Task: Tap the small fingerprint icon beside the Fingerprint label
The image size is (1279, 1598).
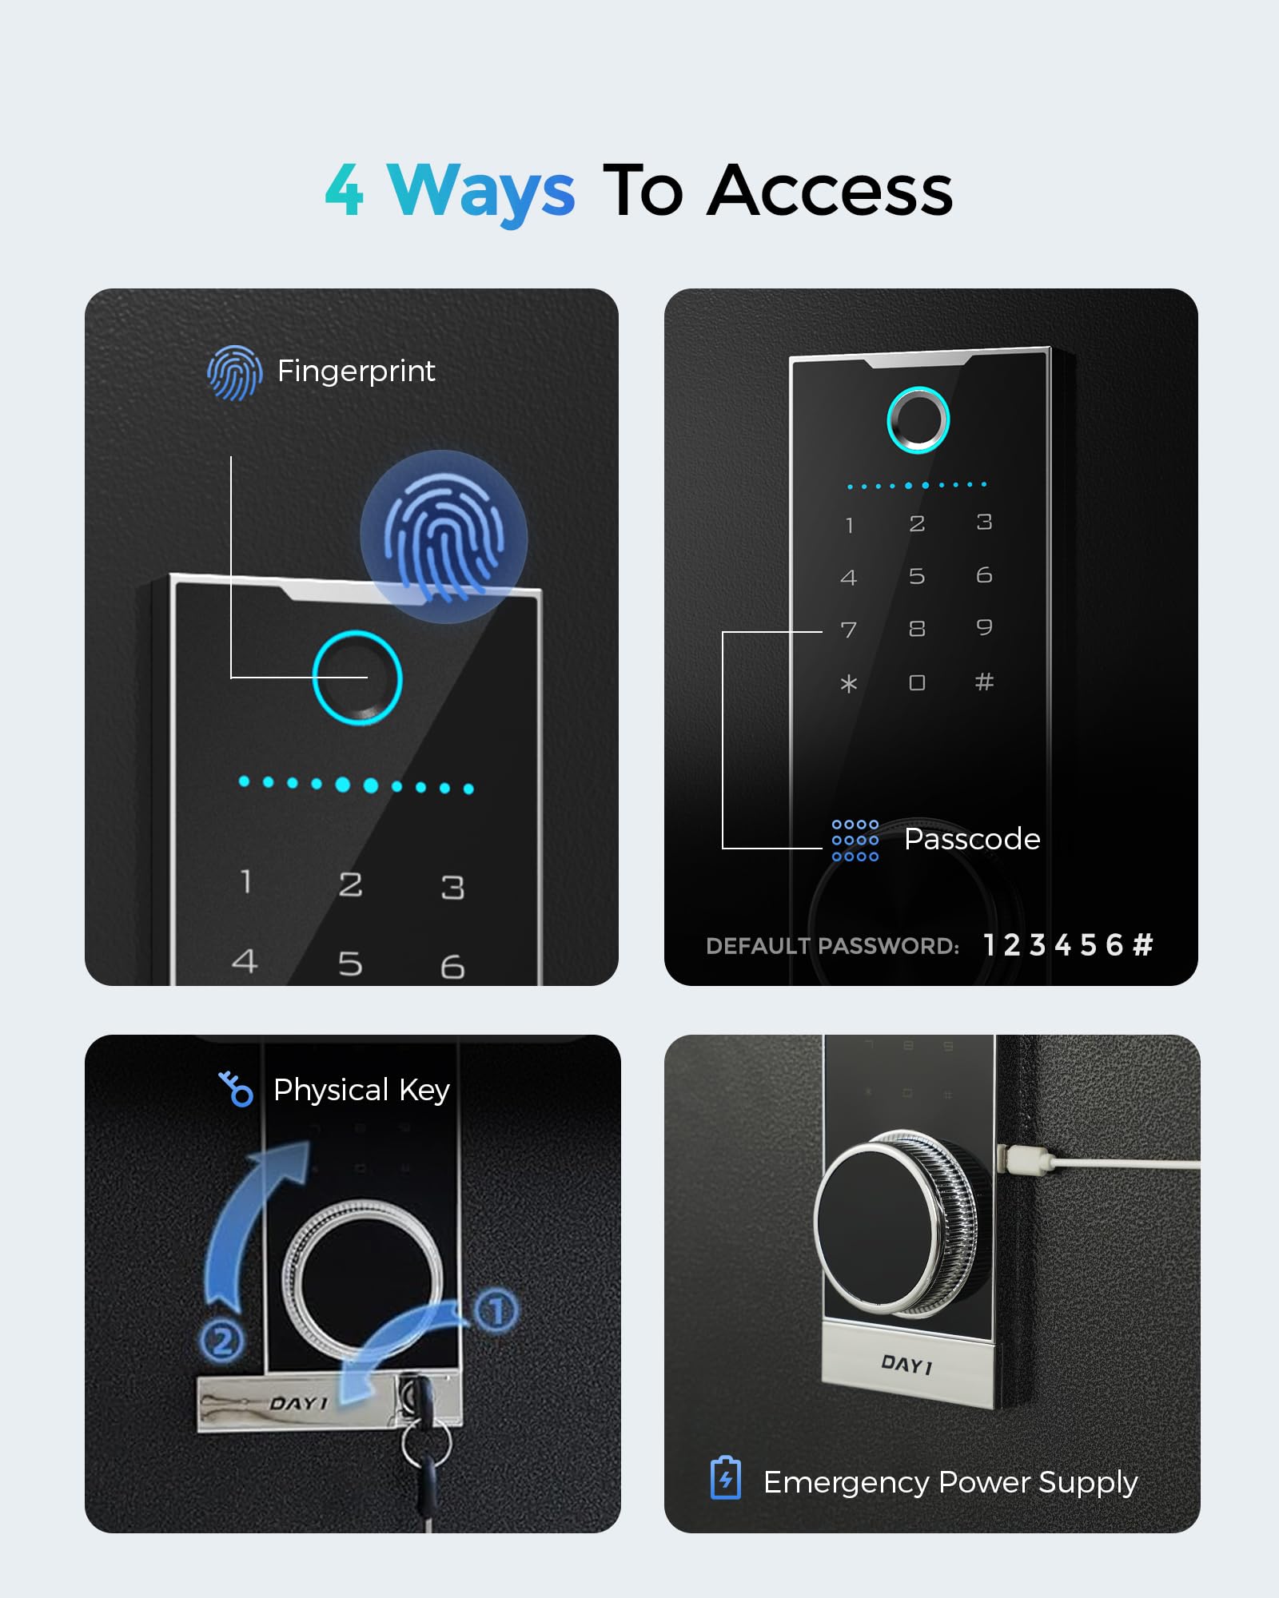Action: pos(234,372)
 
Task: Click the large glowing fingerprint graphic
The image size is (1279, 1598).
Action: pos(444,536)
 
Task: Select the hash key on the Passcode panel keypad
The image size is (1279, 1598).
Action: pos(984,682)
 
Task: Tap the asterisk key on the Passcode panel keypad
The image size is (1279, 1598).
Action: pos(849,684)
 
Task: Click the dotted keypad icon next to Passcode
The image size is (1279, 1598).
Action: pos(855,841)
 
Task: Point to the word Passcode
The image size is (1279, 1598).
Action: pos(972,840)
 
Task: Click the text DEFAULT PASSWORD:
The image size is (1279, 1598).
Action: pos(832,946)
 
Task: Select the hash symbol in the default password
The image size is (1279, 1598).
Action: pos(1143,945)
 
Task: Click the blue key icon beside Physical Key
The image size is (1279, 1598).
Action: pos(236,1089)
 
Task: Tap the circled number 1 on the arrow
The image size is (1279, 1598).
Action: pos(496,1311)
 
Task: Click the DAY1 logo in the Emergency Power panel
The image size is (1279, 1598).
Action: pos(906,1365)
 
